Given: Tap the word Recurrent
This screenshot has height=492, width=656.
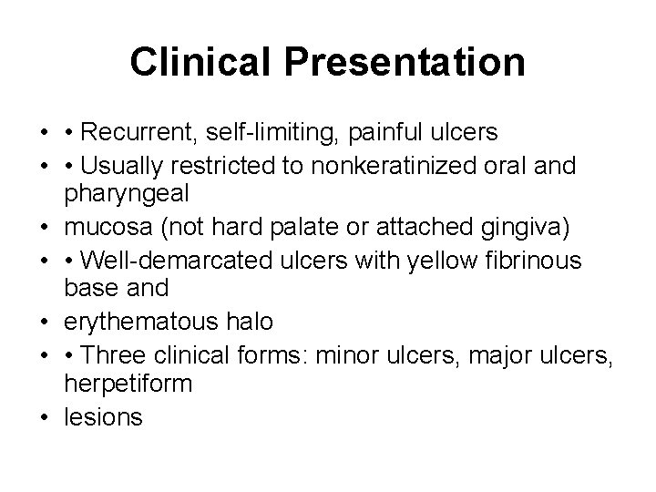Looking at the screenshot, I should (149, 134).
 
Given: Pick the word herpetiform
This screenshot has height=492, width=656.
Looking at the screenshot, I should (128, 383).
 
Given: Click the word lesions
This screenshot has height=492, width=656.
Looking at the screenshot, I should (104, 417).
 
